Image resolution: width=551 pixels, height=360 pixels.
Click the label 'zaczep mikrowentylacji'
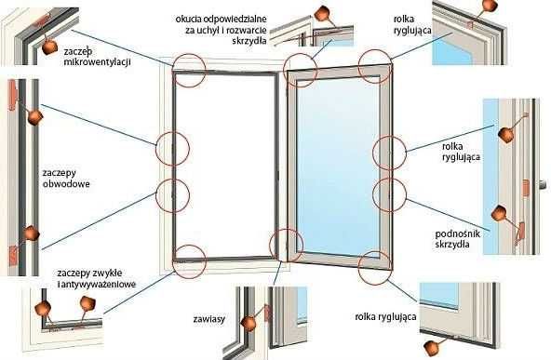pos(98,57)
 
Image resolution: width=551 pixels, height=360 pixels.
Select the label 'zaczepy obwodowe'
pos(66,178)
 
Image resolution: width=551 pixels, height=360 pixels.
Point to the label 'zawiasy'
pos(209,319)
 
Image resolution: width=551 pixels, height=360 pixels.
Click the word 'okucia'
pos(189,19)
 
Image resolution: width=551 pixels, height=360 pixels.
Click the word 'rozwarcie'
pos(247,30)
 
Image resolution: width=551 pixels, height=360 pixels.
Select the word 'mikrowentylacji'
pos(98,61)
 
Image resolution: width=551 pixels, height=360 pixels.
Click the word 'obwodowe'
pos(66,183)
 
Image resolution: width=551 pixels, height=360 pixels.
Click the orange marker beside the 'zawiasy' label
pos(249,324)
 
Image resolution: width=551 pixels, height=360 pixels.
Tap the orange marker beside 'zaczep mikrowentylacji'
pos(49,47)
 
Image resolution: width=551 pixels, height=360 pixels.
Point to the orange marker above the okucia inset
pos(321,13)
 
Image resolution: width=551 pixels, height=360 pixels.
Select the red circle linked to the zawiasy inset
pos(286,246)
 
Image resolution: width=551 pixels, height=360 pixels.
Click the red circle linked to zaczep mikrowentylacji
pos(189,71)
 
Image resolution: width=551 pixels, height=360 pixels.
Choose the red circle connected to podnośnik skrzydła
pos(389,195)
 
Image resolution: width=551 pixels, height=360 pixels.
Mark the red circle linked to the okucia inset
pos(301,71)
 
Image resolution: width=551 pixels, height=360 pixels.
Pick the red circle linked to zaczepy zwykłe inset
pos(189,262)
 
